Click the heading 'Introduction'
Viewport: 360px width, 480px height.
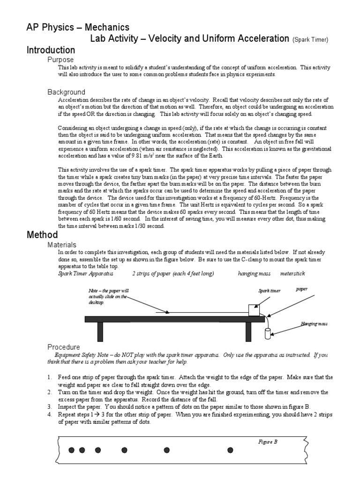pyautogui.click(x=51, y=50)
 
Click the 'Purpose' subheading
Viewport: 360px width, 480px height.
pyautogui.click(x=61, y=60)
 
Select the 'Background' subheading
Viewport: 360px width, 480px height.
pyautogui.click(x=67, y=92)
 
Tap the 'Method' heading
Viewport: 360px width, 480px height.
pyautogui.click(x=42, y=235)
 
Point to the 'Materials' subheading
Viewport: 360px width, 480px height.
pyautogui.click(x=62, y=245)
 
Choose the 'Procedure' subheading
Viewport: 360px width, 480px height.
pyautogui.click(x=64, y=347)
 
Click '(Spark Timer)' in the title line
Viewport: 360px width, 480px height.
pyautogui.click(x=310, y=40)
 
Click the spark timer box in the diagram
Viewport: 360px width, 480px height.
pyautogui.click(x=254, y=310)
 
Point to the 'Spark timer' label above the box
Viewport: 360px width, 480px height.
pyautogui.click(x=270, y=291)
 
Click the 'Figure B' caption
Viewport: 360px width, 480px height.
pyautogui.click(x=268, y=441)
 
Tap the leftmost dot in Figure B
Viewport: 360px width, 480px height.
pyautogui.click(x=72, y=450)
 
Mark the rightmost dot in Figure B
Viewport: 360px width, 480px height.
pyautogui.click(x=230, y=450)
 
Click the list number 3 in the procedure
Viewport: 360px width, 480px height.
pyautogui.click(x=49, y=407)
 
